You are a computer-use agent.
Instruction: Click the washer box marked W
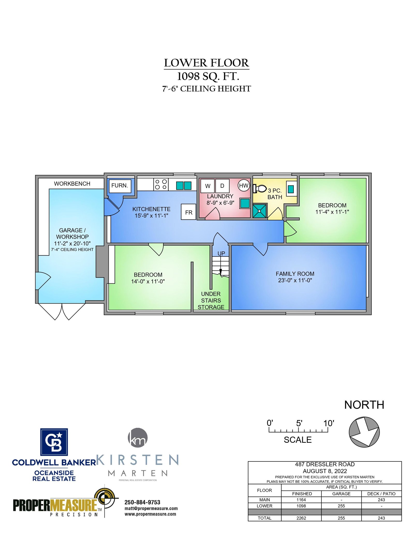tap(208, 186)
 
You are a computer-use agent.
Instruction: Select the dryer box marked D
tap(222, 186)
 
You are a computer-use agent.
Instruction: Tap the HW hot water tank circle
tap(244, 185)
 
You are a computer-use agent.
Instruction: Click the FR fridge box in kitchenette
tap(188, 212)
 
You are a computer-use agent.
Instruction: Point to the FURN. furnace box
tap(120, 186)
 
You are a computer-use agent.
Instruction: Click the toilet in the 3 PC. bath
tap(260, 189)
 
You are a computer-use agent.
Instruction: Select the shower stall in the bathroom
tap(260, 211)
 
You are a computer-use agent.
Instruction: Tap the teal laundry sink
tap(245, 203)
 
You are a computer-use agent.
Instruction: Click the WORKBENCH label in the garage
tap(72, 184)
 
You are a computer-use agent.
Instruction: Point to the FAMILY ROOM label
tap(295, 274)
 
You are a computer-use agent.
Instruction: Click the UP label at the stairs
tap(221, 253)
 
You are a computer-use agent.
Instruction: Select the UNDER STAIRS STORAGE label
tap(211, 300)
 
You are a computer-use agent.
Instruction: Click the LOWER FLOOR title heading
tap(206, 63)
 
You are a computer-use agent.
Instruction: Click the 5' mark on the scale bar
tap(299, 423)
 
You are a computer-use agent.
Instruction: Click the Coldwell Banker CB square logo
tap(54, 442)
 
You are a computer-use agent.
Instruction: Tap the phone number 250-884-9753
tap(142, 502)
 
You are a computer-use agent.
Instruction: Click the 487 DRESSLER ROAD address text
tap(325, 464)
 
